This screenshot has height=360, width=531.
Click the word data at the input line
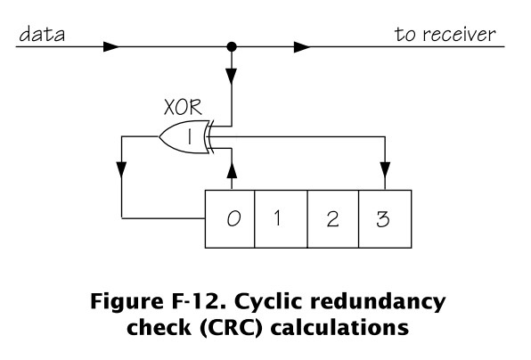[42, 35]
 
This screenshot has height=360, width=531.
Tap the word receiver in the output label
[459, 35]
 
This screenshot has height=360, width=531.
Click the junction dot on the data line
[232, 46]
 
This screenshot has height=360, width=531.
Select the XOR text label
[183, 107]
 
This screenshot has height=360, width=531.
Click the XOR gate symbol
[185, 137]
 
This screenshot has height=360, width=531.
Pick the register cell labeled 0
[230, 219]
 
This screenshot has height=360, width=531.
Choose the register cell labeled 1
[281, 219]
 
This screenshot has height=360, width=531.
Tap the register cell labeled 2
[333, 219]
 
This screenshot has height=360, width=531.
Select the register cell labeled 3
[385, 219]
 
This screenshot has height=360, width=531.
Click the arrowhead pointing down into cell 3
[385, 170]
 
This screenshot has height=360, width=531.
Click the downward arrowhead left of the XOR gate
[121, 170]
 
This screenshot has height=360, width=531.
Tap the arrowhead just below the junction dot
[232, 77]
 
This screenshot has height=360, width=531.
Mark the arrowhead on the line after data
[111, 46]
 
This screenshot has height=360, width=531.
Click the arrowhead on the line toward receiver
[302, 46]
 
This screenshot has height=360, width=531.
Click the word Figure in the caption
[127, 301]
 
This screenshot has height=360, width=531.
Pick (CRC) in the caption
[232, 328]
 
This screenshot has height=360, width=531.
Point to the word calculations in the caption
[340, 327]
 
